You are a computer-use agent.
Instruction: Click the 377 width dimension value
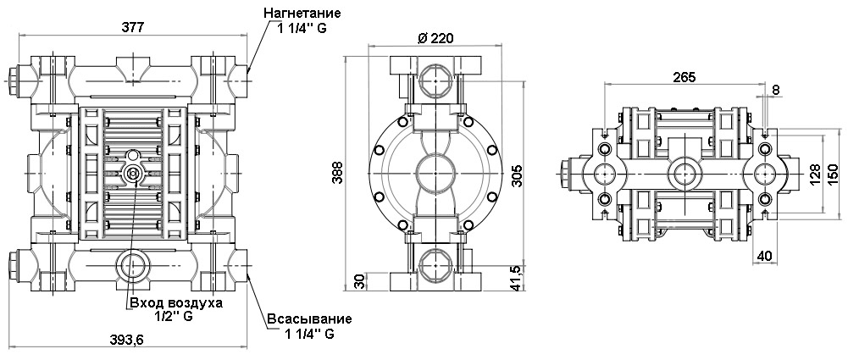(x=132, y=26)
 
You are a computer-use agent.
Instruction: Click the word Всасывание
(x=308, y=318)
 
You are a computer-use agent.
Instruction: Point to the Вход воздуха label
(x=175, y=302)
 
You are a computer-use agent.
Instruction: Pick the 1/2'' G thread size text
(x=175, y=317)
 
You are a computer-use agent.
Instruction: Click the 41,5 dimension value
(x=518, y=277)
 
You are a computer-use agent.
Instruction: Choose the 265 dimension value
(x=684, y=77)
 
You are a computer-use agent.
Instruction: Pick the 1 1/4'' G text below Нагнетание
(x=302, y=29)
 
